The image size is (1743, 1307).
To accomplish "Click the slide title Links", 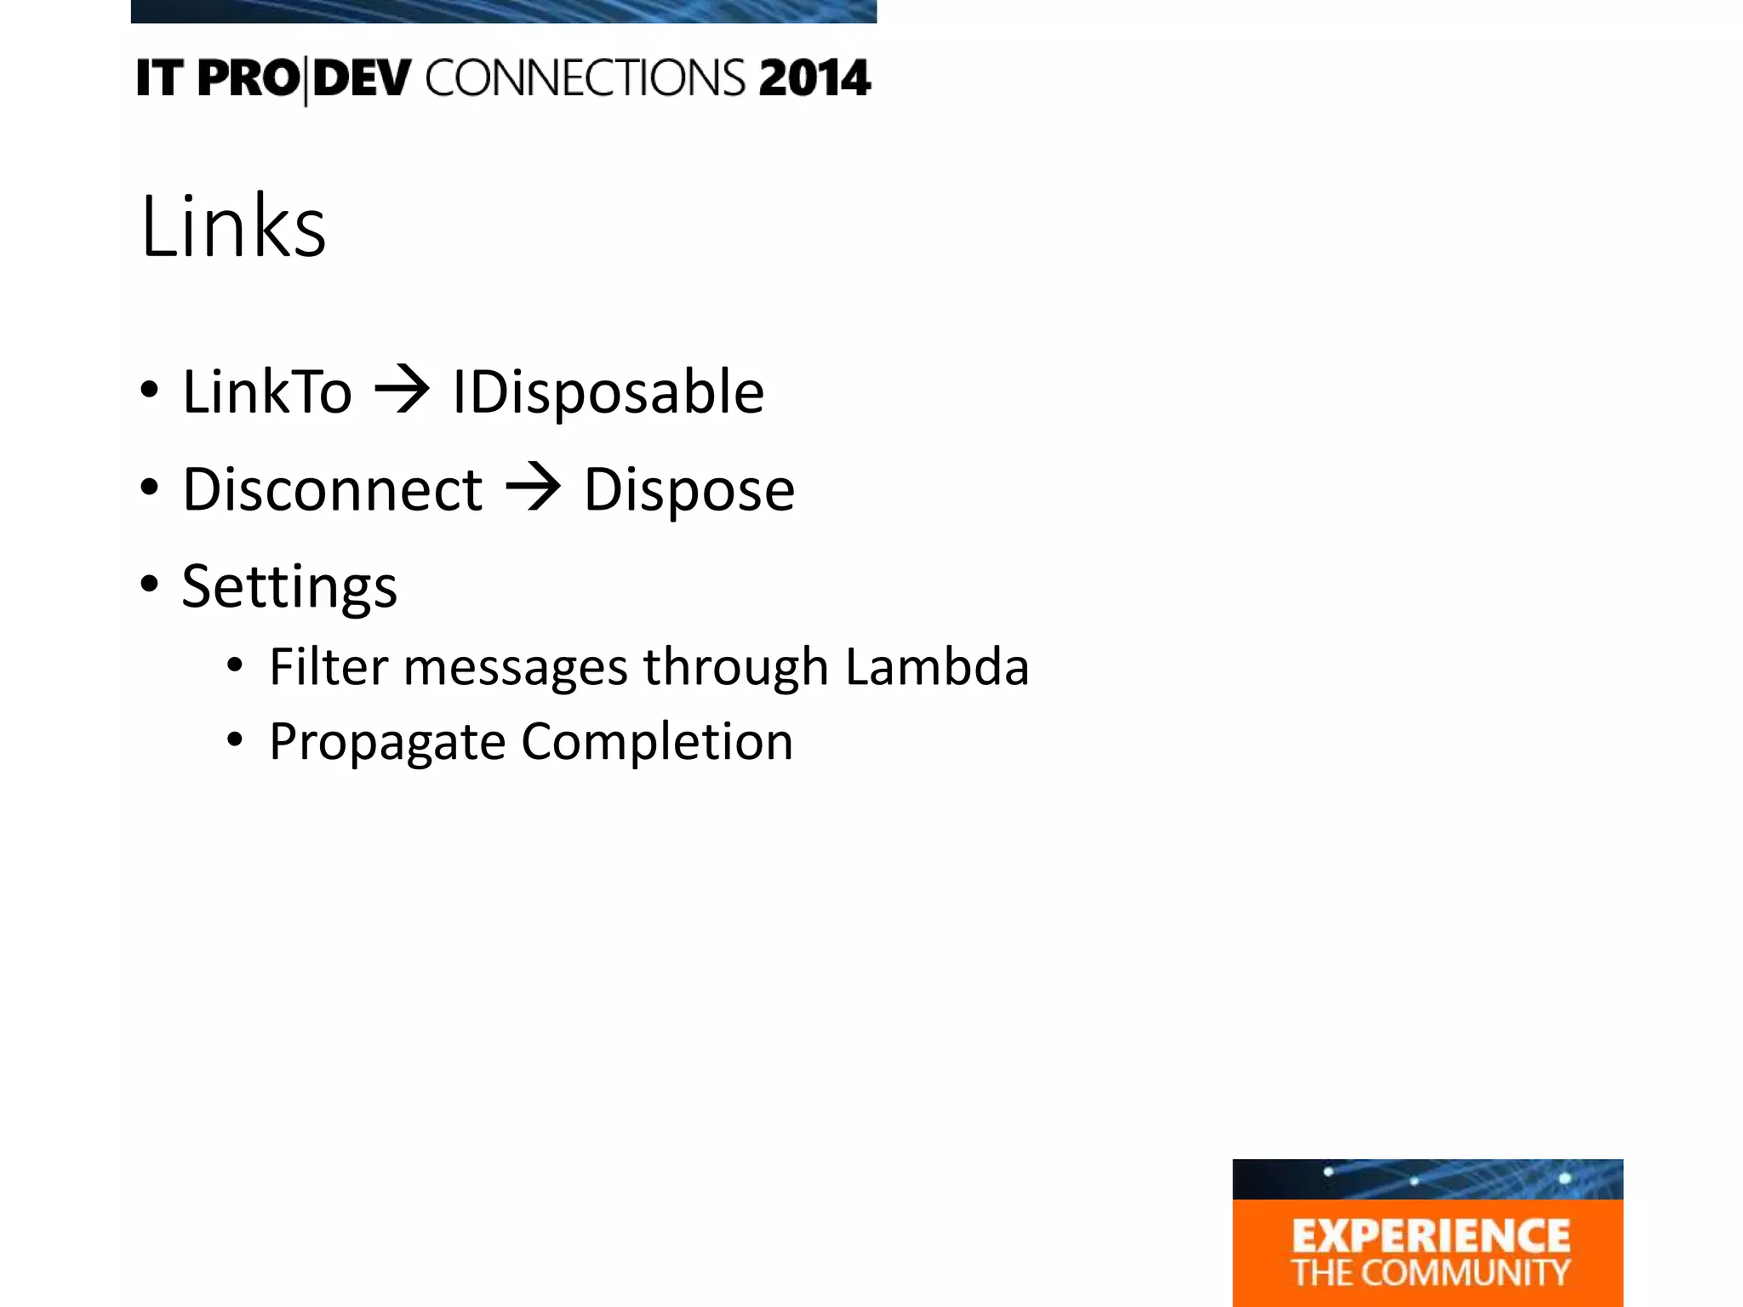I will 233,226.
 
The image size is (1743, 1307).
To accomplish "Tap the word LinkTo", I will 267,392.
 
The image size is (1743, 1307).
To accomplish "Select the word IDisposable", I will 608,392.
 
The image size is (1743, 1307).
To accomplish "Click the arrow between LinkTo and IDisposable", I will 402,391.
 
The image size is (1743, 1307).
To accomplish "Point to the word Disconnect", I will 333,490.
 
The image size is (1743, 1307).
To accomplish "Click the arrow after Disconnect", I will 533,488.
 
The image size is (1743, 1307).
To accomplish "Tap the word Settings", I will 289,587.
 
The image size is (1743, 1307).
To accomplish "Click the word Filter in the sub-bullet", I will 329,666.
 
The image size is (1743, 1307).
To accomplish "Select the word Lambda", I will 937,666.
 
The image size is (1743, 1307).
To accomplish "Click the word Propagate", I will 387,742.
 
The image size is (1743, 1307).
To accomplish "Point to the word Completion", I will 657,742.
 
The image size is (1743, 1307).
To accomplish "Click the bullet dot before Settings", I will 150,585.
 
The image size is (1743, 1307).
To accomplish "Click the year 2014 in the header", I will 814,78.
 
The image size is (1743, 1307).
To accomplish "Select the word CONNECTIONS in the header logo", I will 586,78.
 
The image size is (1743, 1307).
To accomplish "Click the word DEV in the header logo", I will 362,78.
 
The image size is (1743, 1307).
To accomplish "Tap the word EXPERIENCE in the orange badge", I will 1431,1236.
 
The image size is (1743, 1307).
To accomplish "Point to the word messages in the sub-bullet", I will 516,666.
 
